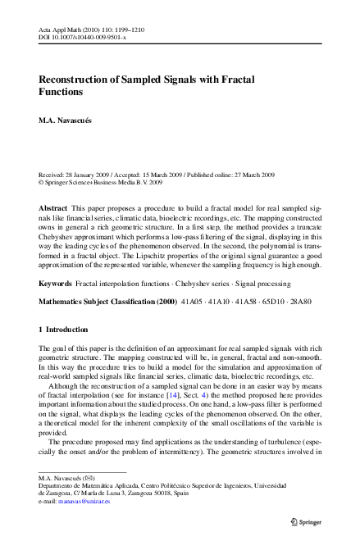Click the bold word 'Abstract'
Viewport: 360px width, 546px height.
53,210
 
